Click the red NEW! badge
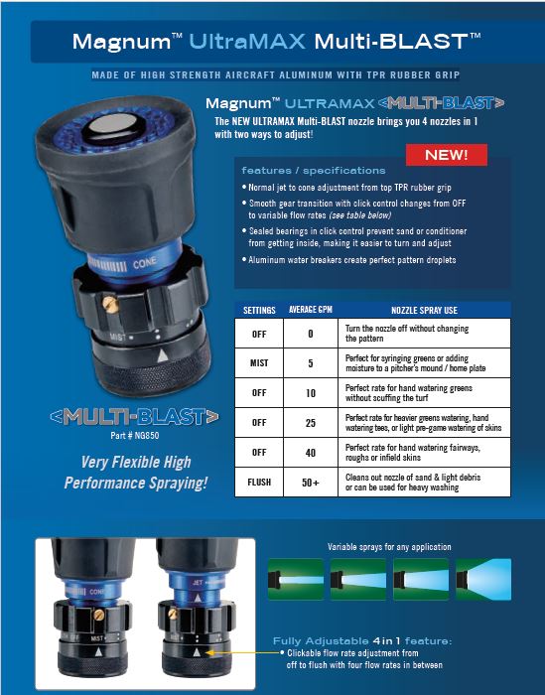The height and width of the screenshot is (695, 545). click(446, 155)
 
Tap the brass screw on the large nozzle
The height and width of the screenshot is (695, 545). click(110, 304)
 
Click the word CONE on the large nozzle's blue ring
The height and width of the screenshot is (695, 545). click(145, 263)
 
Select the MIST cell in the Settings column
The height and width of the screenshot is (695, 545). click(259, 363)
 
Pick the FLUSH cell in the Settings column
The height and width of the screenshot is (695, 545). click(259, 482)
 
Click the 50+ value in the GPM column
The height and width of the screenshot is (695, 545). click(310, 483)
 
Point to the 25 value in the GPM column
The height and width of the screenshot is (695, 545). click(310, 423)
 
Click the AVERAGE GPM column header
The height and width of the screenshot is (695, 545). click(310, 310)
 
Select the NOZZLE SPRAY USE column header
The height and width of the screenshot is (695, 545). click(424, 310)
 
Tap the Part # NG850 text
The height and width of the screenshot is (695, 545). click(135, 435)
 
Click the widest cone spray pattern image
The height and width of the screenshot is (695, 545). click(483, 579)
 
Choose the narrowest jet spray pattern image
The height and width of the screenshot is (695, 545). click(296, 579)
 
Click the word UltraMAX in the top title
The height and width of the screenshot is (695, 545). click(247, 42)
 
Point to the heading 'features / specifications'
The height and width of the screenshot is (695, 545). click(314, 170)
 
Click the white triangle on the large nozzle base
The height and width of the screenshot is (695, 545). click(163, 355)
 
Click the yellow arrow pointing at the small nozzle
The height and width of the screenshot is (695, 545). click(243, 652)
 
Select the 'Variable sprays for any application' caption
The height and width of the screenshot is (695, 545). click(389, 547)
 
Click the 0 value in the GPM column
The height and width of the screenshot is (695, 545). click(310, 334)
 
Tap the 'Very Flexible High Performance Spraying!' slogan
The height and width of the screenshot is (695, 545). click(136, 473)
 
